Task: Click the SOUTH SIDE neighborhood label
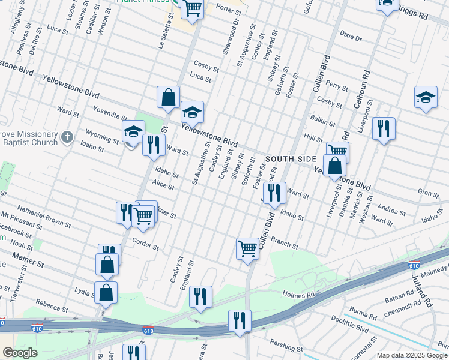pyautogui.click(x=291, y=158)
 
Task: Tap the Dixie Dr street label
pyautogui.click(x=351, y=38)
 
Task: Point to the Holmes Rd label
pyautogui.click(x=298, y=295)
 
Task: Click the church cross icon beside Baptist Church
pyautogui.click(x=67, y=137)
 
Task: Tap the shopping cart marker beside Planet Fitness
pyautogui.click(x=193, y=8)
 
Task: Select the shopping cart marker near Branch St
pyautogui.click(x=248, y=248)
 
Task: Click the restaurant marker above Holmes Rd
pyautogui.click(x=200, y=296)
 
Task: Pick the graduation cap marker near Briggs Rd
pyautogui.click(x=388, y=4)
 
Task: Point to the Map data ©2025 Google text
pyautogui.click(x=412, y=355)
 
